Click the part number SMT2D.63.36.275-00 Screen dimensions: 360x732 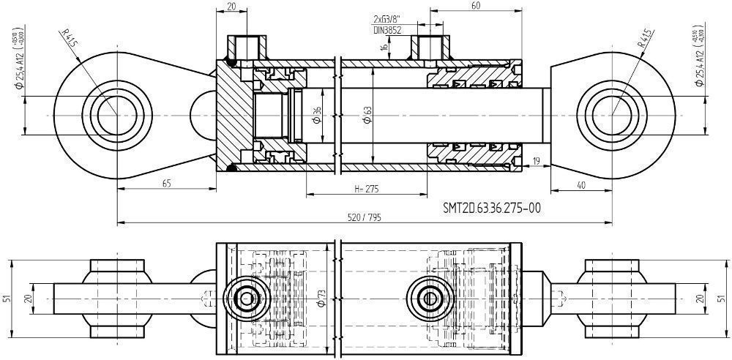[492, 208]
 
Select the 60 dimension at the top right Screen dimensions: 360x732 [475, 6]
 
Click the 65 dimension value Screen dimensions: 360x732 [166, 184]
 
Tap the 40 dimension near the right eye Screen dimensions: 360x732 [581, 185]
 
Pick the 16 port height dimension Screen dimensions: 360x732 [384, 46]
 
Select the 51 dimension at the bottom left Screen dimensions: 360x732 [7, 298]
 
